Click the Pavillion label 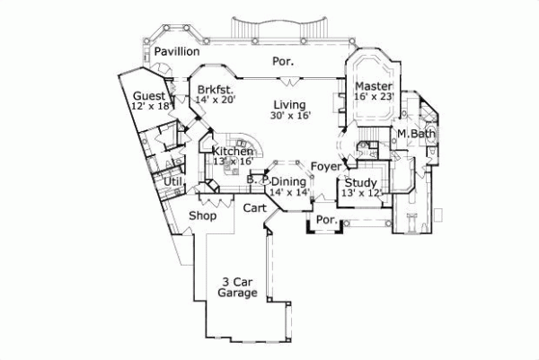coord(176,53)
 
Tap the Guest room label coord(148,96)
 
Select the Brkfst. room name coord(216,89)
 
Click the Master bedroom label coord(375,85)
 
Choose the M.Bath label coord(417,135)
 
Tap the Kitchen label coord(233,152)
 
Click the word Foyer coord(325,166)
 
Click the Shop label coord(202,215)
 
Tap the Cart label coord(254,207)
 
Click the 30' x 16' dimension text coord(288,115)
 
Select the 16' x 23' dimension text coord(375,96)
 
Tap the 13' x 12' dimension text coord(360,192)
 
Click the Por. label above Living coord(283,62)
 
